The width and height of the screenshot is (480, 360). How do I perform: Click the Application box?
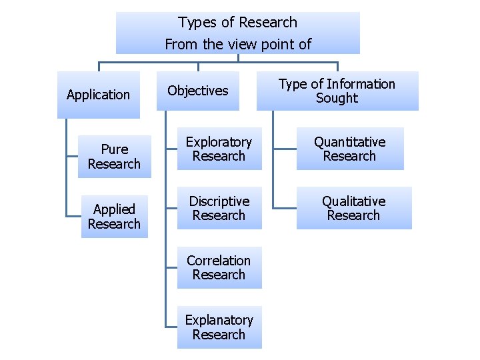[99, 95]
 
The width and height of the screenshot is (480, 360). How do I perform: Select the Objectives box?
[198, 91]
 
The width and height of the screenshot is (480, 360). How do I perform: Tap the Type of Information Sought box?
[337, 91]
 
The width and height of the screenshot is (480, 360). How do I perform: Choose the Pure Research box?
[114, 157]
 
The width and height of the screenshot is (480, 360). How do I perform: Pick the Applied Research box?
[114, 217]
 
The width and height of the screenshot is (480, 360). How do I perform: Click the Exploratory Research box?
[219, 149]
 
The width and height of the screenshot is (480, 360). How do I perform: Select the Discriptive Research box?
[219, 208]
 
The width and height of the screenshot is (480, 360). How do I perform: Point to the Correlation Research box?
[219, 267]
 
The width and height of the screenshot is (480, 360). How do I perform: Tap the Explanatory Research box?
[219, 327]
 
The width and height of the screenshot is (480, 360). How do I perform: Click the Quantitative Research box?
[350, 149]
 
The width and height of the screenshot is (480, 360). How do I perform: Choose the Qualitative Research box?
[353, 208]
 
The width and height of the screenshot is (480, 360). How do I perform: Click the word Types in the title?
[198, 23]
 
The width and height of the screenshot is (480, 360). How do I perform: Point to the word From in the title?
[179, 45]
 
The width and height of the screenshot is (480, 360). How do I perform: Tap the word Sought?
[337, 98]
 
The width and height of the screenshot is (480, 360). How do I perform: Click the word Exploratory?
[219, 142]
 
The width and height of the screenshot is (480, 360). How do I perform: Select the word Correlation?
[219, 261]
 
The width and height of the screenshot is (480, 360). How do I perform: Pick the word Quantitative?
[350, 142]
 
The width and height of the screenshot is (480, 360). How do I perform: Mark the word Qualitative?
[353, 201]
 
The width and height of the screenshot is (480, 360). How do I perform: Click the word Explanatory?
[219, 321]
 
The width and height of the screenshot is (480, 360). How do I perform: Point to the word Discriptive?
[219, 201]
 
